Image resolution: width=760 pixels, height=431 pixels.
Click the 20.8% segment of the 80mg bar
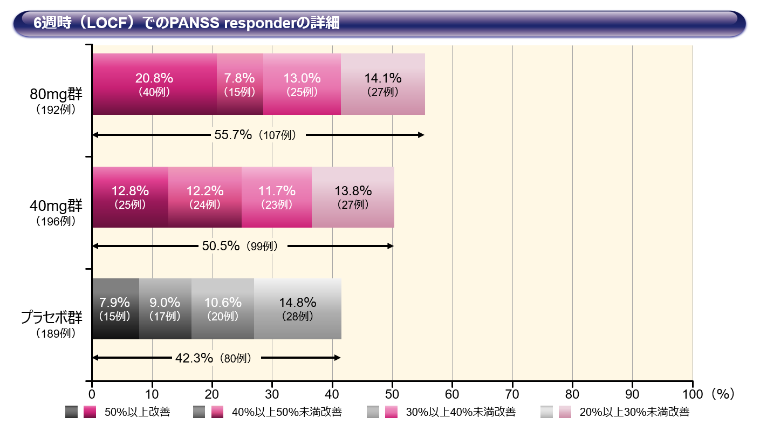[154, 84]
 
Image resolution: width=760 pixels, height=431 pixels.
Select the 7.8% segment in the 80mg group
[240, 84]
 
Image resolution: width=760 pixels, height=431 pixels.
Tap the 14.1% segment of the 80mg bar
[383, 84]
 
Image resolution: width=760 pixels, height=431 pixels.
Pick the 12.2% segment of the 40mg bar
[205, 197]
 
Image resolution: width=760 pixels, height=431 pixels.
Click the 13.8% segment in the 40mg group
[353, 197]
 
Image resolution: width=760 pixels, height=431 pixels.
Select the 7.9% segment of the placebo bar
[115, 309]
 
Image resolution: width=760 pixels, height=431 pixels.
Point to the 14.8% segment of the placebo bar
[297, 309]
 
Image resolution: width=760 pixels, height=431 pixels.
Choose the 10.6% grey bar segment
[222, 309]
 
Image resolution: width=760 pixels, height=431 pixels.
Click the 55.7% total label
[233, 135]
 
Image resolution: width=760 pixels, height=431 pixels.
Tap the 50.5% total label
[221, 247]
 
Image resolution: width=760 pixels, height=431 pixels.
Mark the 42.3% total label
[194, 358]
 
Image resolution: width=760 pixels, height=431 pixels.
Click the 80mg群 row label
[56, 95]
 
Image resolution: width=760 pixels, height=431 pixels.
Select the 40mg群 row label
[56, 206]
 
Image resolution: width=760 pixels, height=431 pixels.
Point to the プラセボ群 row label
[52, 318]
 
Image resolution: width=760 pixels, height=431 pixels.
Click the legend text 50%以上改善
[137, 413]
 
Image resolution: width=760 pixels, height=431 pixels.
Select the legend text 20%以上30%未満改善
[634, 413]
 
